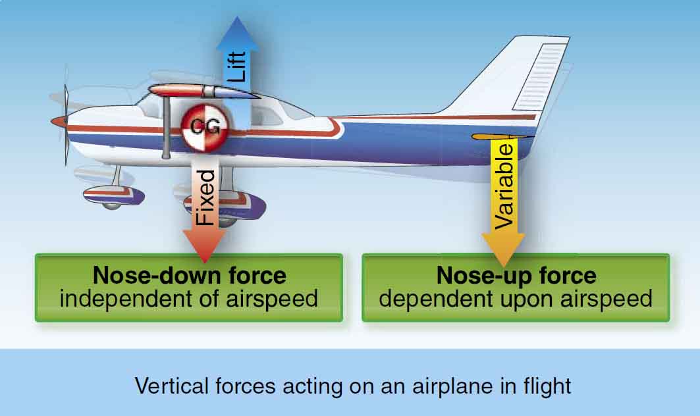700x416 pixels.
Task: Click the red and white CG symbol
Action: click(x=204, y=127)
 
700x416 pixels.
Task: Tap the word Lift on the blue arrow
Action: click(x=236, y=66)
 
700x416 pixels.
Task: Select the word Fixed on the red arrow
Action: click(x=205, y=197)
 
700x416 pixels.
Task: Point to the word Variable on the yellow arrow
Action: click(x=504, y=186)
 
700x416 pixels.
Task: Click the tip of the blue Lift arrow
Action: click(x=237, y=17)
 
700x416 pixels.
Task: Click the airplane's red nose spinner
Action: click(x=59, y=121)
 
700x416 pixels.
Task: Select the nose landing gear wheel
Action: click(x=111, y=205)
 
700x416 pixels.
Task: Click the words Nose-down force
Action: click(x=189, y=275)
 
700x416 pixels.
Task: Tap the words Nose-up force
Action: click(x=516, y=275)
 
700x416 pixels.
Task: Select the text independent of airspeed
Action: click(x=189, y=299)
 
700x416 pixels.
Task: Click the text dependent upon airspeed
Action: click(x=516, y=299)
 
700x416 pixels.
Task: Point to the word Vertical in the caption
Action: click(x=171, y=386)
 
